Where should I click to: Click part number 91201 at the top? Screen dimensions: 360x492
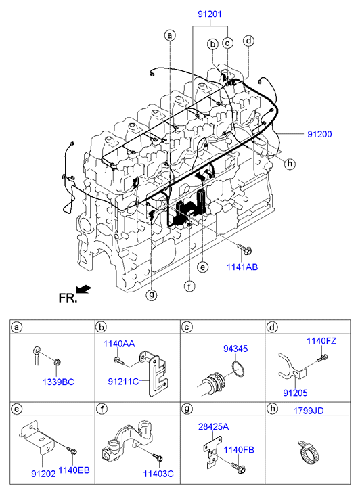pos(210,14)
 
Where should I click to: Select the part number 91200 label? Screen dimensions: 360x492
pos(319,134)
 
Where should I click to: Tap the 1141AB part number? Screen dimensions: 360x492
pos(242,267)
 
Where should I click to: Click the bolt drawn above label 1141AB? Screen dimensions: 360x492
pos(245,249)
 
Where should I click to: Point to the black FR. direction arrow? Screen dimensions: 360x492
pos(83,289)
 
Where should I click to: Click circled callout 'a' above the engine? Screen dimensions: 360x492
pos(170,35)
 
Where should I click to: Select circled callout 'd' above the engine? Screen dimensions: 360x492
pos(248,41)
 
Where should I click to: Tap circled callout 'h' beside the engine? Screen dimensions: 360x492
pos(290,164)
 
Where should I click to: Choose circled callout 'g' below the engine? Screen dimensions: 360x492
pos(152,295)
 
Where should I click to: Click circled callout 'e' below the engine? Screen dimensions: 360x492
pos(203,267)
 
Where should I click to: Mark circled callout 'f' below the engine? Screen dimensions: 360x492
pos(189,286)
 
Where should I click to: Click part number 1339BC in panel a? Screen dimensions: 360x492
pos(58,382)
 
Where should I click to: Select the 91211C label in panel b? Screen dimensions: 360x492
pos(123,382)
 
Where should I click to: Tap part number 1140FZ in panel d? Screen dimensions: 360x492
pos(321,341)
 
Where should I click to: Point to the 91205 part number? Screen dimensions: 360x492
pos(295,393)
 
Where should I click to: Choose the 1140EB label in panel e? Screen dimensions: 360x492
pos(74,470)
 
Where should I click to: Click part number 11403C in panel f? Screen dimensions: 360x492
pos(158,474)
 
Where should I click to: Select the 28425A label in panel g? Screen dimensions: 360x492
pos(213,427)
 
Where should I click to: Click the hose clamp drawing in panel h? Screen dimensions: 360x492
pos(308,452)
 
